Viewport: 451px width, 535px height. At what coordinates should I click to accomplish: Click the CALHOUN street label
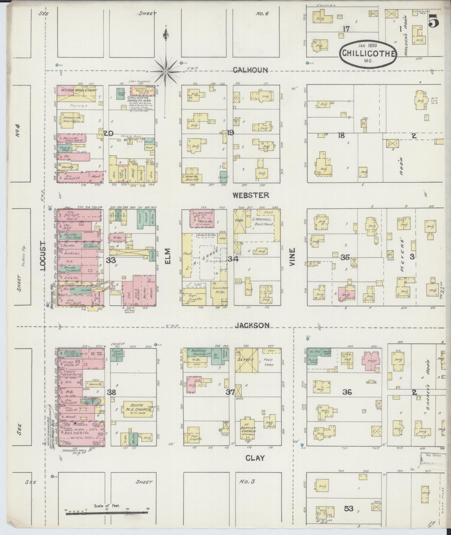250,70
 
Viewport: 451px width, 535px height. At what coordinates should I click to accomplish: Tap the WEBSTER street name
251,195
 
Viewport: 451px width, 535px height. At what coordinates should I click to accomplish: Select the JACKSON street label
252,325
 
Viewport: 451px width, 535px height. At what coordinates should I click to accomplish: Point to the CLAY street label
255,458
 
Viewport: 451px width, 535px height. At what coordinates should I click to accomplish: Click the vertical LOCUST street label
42,255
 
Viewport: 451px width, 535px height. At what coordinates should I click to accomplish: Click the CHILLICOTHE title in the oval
368,53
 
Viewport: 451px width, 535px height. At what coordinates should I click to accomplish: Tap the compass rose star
166,72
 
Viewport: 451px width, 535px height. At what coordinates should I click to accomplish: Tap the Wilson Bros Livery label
77,90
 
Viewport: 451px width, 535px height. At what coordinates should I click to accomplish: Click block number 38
112,392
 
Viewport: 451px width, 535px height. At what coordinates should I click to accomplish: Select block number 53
349,508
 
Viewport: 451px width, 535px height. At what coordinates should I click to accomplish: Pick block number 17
347,28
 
